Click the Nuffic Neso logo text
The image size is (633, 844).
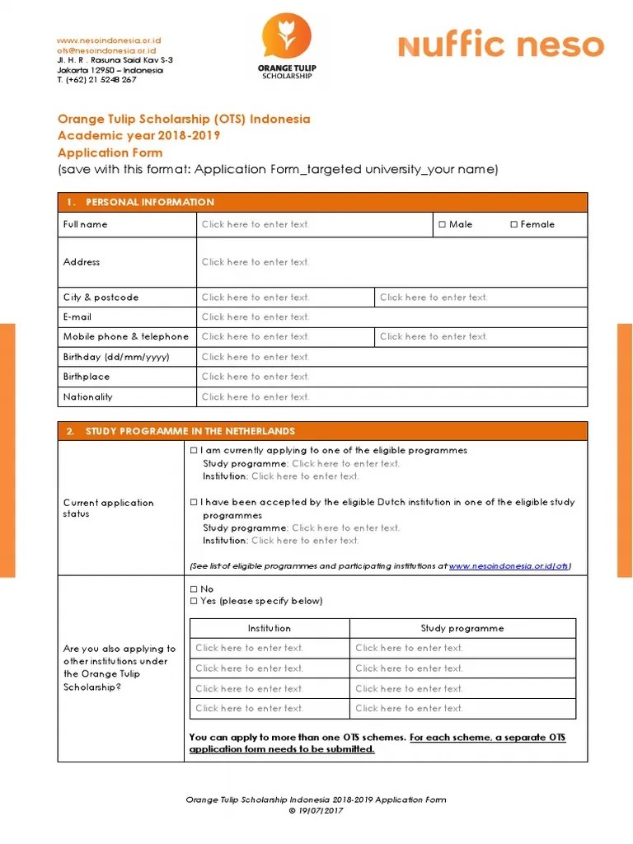(500, 45)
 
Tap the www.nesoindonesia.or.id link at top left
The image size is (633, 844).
(108, 40)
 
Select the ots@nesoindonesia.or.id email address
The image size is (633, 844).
(105, 50)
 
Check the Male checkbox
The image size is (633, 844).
(443, 224)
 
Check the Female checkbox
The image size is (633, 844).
(513, 224)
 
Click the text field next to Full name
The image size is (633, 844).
(314, 224)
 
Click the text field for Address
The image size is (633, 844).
(392, 262)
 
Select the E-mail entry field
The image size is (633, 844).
(392, 316)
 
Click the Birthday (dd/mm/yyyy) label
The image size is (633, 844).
(116, 357)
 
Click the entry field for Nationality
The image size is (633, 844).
(392, 396)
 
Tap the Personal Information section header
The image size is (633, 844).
(150, 202)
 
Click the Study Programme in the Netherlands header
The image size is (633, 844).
(190, 431)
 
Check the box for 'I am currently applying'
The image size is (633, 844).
(194, 450)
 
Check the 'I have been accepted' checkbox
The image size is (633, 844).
(194, 502)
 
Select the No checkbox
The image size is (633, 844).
(194, 589)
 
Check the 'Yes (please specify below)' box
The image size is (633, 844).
(194, 601)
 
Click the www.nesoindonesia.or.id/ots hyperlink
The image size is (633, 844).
(509, 566)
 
